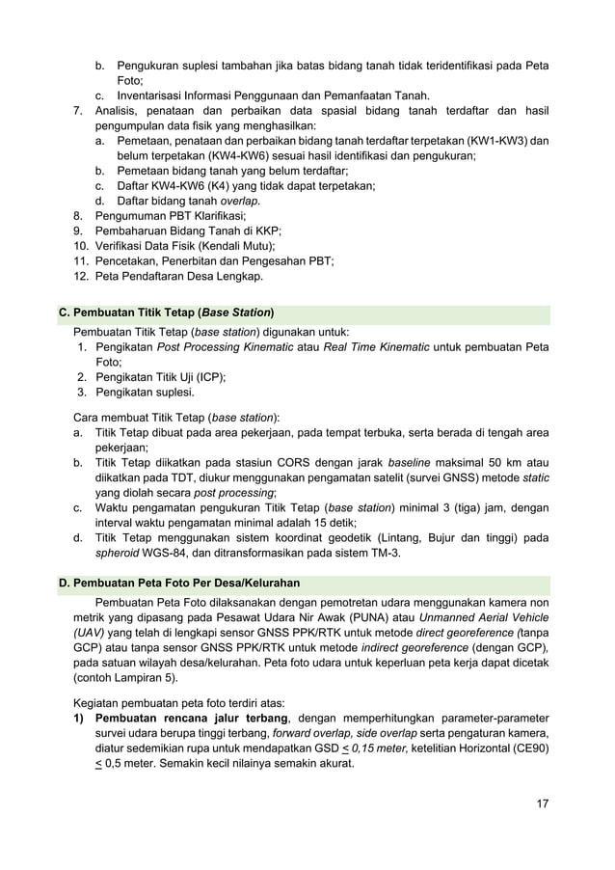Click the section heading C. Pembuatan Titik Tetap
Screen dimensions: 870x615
point(167,313)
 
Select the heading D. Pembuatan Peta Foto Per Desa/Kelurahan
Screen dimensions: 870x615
point(179,584)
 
